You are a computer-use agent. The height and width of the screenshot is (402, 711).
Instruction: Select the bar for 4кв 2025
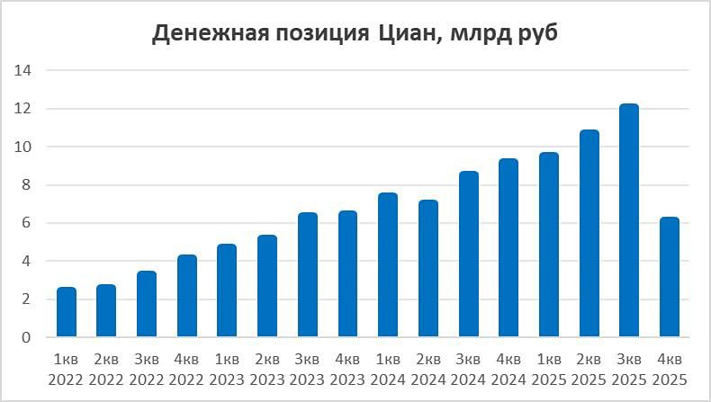pyautogui.click(x=669, y=278)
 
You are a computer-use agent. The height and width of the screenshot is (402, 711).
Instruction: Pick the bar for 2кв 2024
pyautogui.click(x=427, y=269)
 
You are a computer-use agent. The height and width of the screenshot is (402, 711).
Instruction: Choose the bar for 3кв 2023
pyautogui.click(x=307, y=275)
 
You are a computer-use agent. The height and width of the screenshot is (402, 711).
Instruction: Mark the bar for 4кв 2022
pyautogui.click(x=187, y=297)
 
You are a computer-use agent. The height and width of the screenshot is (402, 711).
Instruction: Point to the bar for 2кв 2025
pyautogui.click(x=589, y=234)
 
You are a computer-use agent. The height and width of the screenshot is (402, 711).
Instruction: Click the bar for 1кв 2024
pyautogui.click(x=388, y=265)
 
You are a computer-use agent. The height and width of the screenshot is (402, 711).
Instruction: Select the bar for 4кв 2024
pyautogui.click(x=508, y=248)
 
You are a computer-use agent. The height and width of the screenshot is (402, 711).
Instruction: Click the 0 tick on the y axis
pyautogui.click(x=27, y=338)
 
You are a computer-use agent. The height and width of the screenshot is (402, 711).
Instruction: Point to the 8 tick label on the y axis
pyautogui.click(x=27, y=185)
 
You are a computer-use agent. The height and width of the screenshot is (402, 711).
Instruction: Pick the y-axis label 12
pyautogui.click(x=23, y=109)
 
